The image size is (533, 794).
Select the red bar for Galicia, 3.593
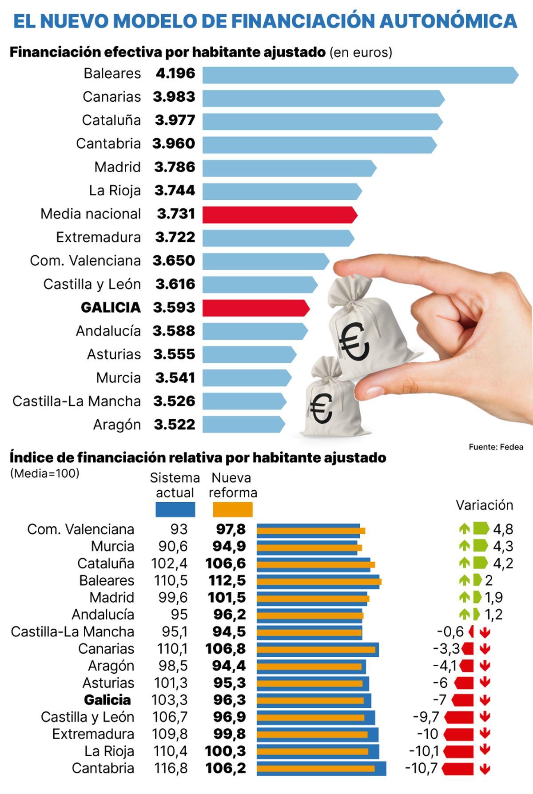[x=255, y=308]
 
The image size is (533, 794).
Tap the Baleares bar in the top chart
[x=360, y=75]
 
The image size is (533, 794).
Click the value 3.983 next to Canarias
[x=174, y=97]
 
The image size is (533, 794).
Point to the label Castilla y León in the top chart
[x=92, y=284]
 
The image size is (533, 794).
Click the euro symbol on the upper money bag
[x=354, y=341]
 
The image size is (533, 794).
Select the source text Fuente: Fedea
[x=496, y=447]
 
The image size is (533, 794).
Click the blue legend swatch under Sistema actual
[x=175, y=509]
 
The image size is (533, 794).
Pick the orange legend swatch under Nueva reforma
[x=232, y=509]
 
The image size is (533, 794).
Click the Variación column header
[x=484, y=505]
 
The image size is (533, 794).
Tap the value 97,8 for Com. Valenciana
[x=231, y=529]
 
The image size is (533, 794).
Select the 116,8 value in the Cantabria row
[x=171, y=768]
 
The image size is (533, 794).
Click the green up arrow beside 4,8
[x=464, y=529]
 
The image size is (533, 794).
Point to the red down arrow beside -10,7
[x=485, y=769]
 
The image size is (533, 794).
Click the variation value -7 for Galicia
[x=439, y=700]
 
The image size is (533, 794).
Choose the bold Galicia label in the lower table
[x=107, y=700]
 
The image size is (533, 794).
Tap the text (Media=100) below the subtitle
[x=44, y=473]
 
